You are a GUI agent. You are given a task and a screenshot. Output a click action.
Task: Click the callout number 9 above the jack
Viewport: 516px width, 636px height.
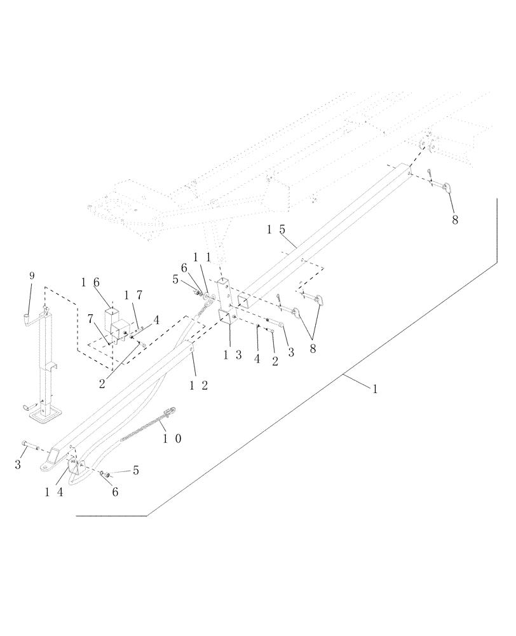32,276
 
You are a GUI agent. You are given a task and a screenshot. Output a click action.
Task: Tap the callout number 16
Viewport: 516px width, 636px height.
91,282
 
